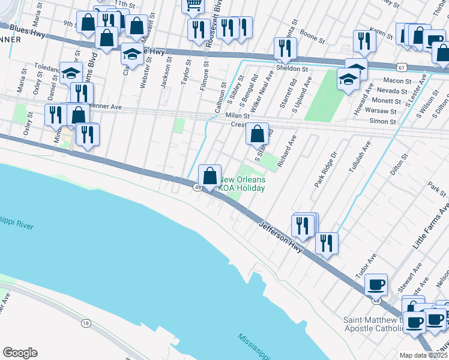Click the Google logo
(x=20, y=353)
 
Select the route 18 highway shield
(x=86, y=323)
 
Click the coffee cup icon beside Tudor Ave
(x=376, y=284)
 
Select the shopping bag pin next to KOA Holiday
(x=209, y=176)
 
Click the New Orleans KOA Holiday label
(x=242, y=184)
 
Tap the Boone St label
(x=312, y=37)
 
